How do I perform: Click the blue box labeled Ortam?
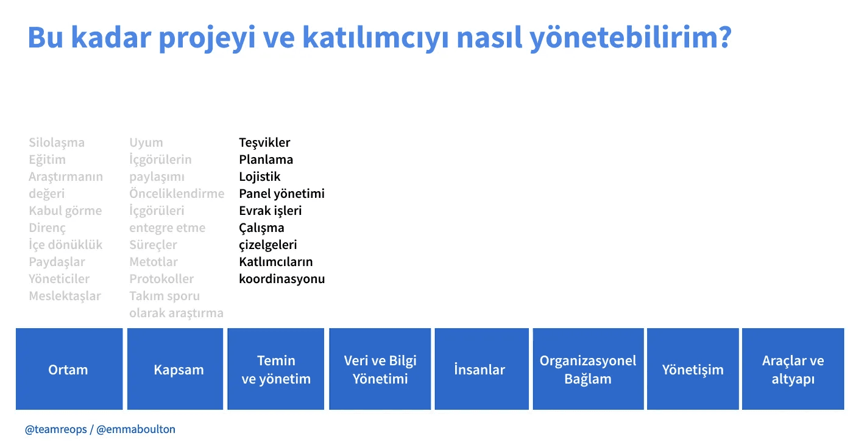tap(69, 368)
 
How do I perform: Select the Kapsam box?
tap(175, 368)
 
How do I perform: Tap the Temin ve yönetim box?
tap(275, 368)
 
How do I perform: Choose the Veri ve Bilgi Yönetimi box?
tap(380, 368)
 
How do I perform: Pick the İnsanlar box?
tap(482, 368)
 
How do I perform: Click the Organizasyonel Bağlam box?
tap(589, 368)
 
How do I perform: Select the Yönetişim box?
tap(693, 368)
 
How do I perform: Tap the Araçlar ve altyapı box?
tap(793, 368)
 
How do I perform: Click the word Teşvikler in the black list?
tap(264, 142)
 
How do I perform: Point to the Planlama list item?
tap(266, 160)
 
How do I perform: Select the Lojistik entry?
tap(260, 177)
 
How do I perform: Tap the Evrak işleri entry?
tap(271, 211)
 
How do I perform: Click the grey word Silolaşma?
tap(57, 142)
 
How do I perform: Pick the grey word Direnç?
tap(48, 228)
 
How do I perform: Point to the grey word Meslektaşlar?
tap(65, 296)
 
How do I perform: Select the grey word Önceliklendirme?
tap(177, 194)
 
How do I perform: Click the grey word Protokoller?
tap(161, 279)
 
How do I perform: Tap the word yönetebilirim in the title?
tap(631, 38)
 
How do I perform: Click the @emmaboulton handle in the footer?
tap(136, 429)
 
